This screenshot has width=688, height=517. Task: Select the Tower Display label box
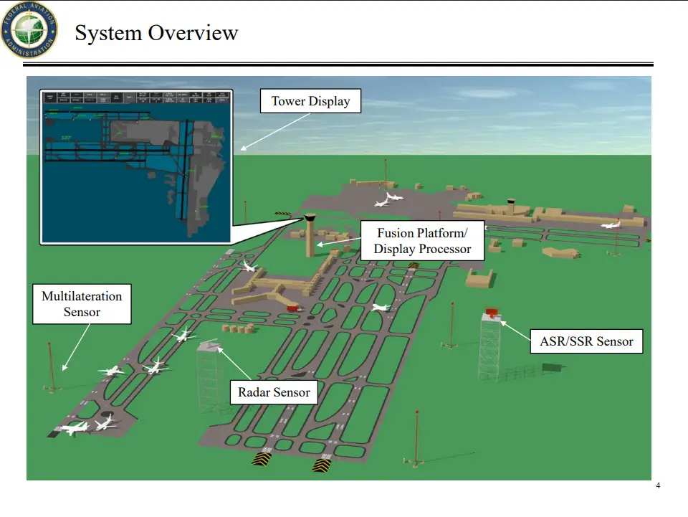click(x=310, y=101)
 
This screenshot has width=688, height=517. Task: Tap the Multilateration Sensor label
click(x=82, y=303)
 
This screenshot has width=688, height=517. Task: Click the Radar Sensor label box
click(x=274, y=392)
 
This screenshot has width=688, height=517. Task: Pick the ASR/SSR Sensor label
click(x=586, y=341)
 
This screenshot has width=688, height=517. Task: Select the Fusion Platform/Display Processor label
click(x=421, y=241)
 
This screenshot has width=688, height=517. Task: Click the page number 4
click(x=658, y=486)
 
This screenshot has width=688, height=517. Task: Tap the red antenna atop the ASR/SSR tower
click(x=492, y=313)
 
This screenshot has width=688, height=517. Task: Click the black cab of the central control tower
click(x=310, y=217)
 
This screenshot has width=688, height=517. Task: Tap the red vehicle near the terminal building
click(x=292, y=308)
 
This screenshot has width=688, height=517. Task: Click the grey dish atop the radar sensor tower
click(x=209, y=346)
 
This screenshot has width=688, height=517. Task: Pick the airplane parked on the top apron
click(x=388, y=199)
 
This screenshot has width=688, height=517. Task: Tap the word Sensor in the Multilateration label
click(x=82, y=312)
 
